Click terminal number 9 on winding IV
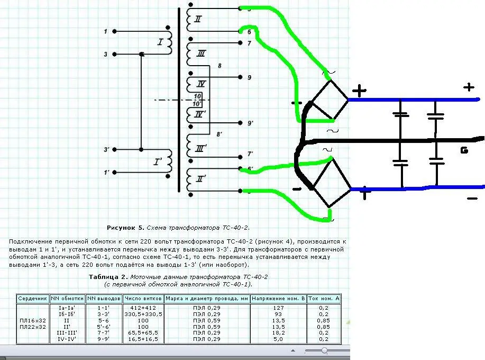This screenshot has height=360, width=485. point(249,77)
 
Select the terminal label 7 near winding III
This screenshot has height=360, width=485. point(249,43)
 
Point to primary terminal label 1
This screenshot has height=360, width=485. point(106,32)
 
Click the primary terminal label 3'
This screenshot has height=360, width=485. point(106,150)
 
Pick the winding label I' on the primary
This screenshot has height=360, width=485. point(158,162)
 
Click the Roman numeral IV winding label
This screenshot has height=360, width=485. point(200,84)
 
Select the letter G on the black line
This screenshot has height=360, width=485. point(464,150)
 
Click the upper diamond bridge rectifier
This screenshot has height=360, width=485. point(327,100)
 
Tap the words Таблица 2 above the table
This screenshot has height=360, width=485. point(106,277)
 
